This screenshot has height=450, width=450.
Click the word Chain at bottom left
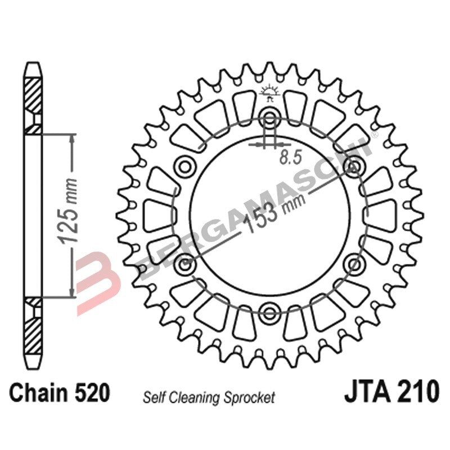pyautogui.click(x=38, y=393)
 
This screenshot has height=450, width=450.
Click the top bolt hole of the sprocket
pyautogui.click(x=269, y=118)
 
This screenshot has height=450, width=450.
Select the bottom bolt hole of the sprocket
pyautogui.click(x=269, y=311)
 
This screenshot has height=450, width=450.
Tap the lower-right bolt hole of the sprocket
pyautogui.click(x=354, y=263)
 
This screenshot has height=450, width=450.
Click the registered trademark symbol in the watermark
pyautogui.click(x=375, y=131)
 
